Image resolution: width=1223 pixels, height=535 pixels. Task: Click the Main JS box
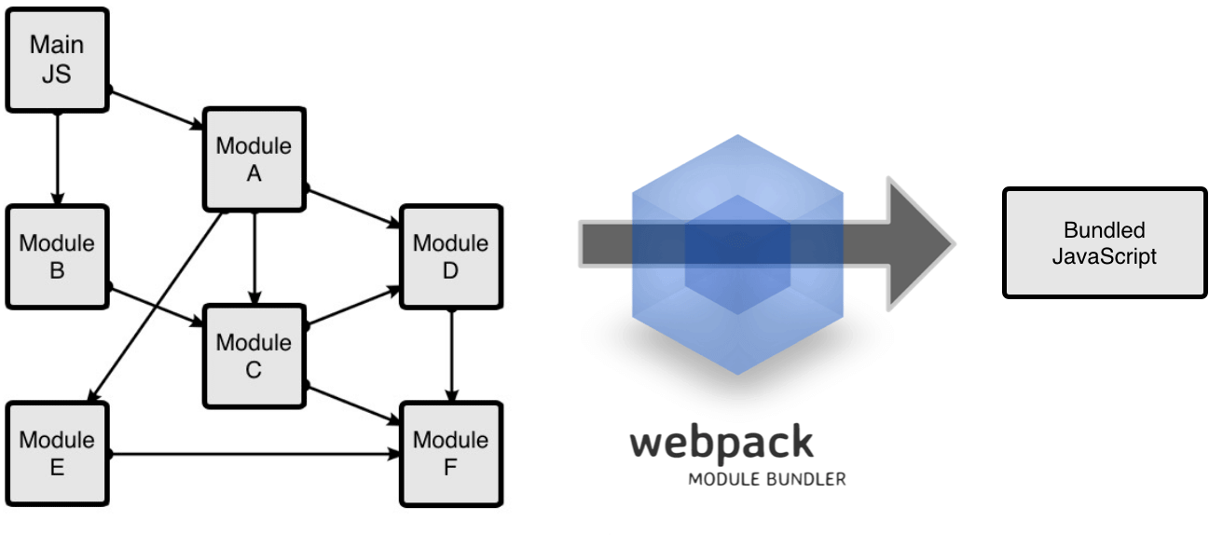click(x=57, y=60)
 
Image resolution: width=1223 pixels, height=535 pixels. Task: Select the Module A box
click(x=254, y=159)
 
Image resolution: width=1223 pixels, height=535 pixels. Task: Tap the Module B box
click(x=57, y=257)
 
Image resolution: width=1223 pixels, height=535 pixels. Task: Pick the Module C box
click(x=254, y=355)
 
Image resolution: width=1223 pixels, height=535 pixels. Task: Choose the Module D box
click(x=451, y=257)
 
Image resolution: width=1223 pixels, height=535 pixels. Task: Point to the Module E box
click(x=57, y=454)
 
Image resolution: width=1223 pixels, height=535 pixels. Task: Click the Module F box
click(x=451, y=454)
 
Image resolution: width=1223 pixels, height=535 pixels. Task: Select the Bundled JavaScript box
click(x=1104, y=243)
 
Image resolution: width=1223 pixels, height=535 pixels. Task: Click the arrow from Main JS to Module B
click(x=57, y=158)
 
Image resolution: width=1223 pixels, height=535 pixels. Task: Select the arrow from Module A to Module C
click(x=254, y=257)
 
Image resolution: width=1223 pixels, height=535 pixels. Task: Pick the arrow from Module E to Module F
click(x=252, y=455)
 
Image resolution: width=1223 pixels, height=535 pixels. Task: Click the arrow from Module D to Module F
click(x=451, y=355)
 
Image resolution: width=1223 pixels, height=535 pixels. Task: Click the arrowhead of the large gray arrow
click(x=918, y=244)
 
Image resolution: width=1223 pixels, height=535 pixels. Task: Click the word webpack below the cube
click(x=721, y=442)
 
